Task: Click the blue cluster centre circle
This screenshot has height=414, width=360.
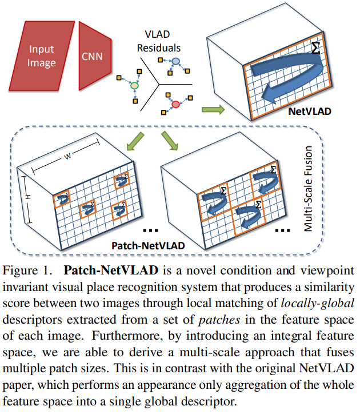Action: pyautogui.click(x=177, y=61)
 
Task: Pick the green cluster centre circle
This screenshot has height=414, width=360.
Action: pyautogui.click(x=134, y=86)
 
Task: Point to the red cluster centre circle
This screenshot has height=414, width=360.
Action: pyautogui.click(x=176, y=105)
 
